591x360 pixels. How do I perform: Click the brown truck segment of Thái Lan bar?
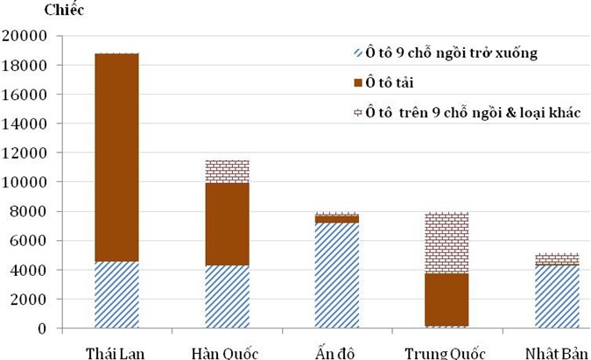coord(116,158)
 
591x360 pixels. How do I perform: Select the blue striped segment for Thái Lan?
coord(116,294)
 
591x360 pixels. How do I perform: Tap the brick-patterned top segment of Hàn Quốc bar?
coord(226,172)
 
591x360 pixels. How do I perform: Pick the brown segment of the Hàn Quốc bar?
coord(226,224)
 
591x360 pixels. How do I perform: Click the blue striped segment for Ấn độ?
coord(336,275)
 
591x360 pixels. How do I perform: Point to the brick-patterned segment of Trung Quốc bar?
coord(447,243)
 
